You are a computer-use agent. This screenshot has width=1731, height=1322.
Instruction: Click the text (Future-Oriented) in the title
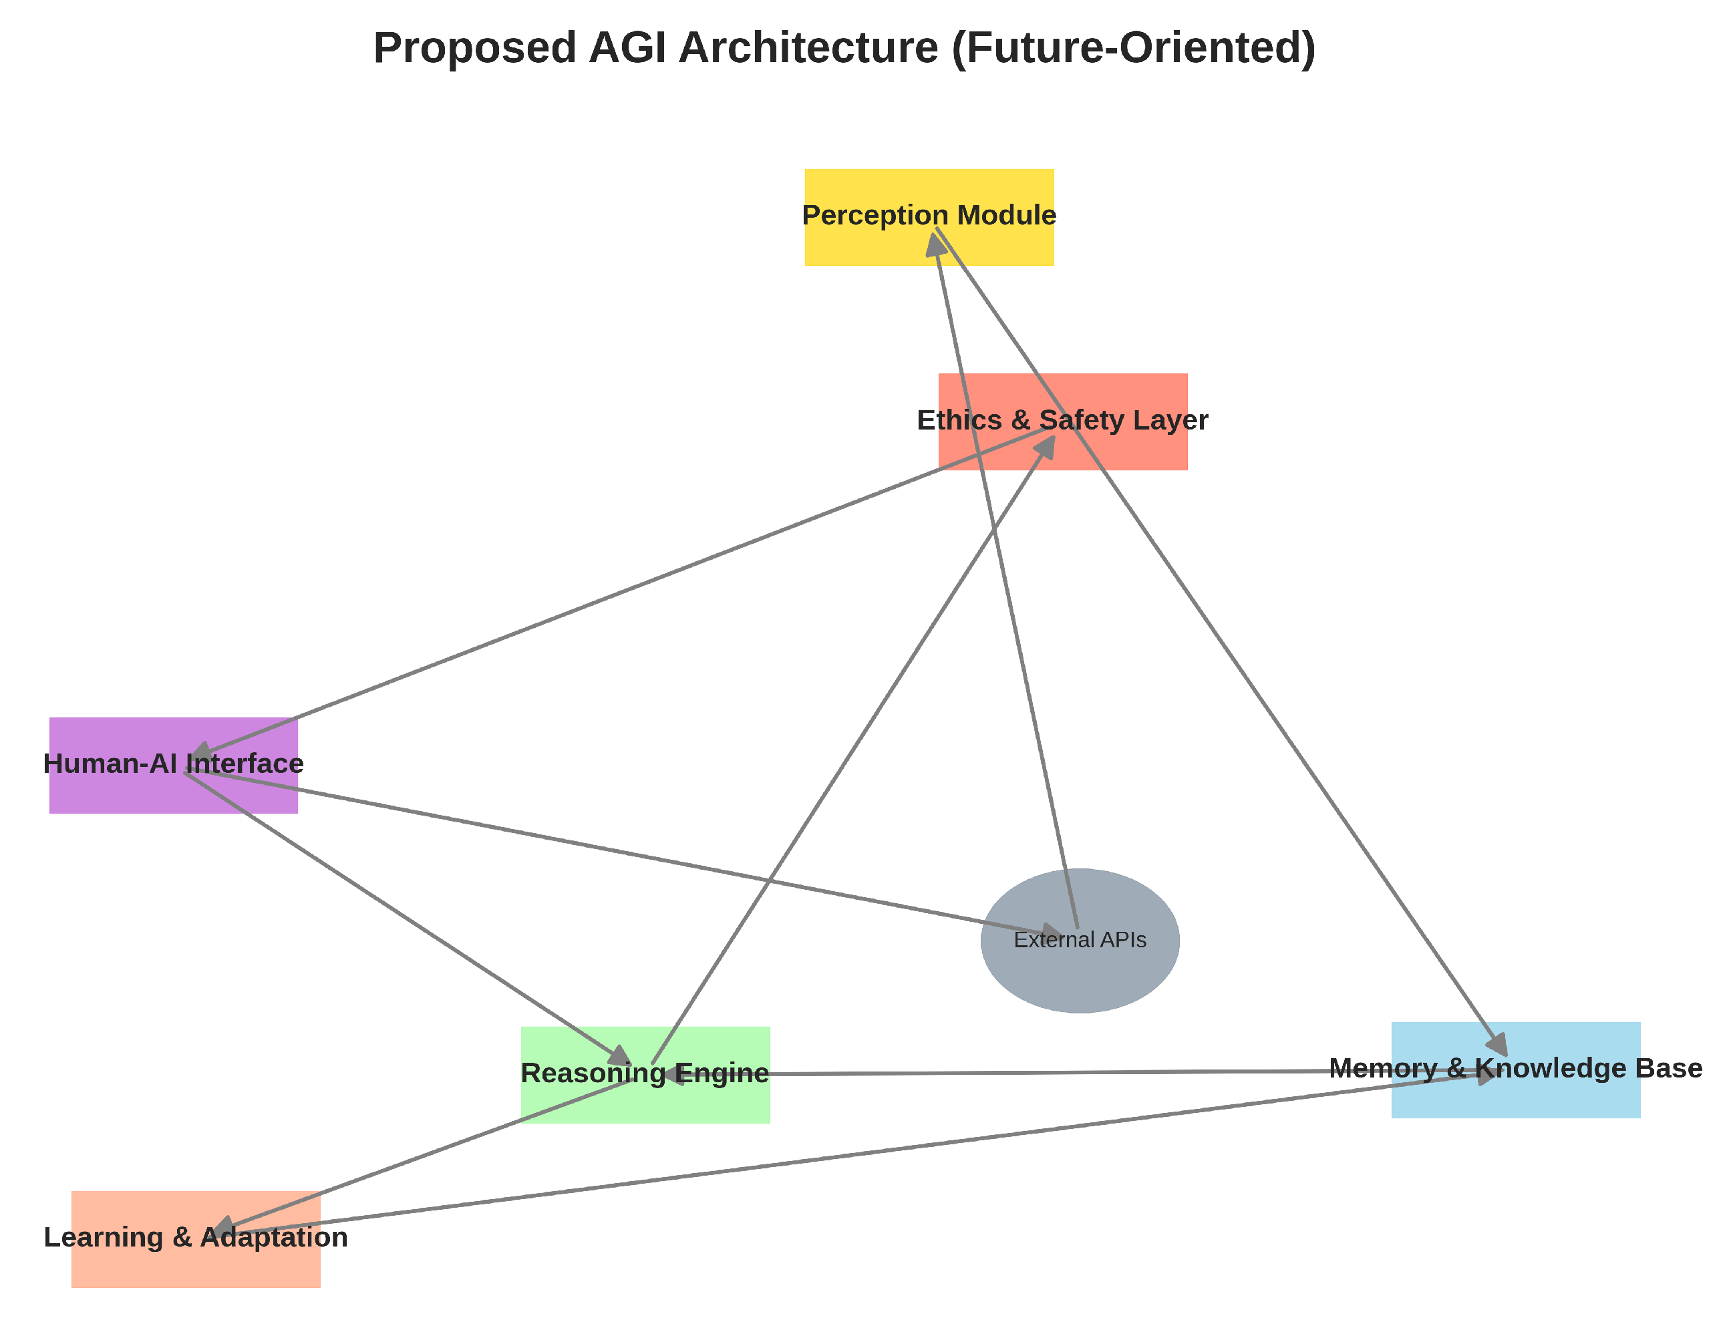click(x=1133, y=49)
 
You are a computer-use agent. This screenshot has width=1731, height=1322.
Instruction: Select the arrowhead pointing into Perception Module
click(x=935, y=244)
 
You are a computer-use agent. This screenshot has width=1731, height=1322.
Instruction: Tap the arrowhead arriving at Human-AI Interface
click(x=204, y=750)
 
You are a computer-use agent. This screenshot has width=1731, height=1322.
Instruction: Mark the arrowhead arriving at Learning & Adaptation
click(x=222, y=1228)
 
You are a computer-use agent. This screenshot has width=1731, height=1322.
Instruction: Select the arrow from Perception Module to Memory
click(x=1219, y=645)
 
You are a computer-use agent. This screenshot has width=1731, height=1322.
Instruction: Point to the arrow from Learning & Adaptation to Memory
click(x=866, y=1154)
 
